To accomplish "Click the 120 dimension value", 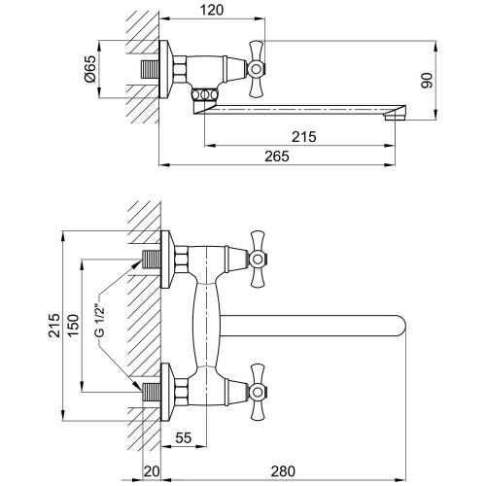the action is (212, 10).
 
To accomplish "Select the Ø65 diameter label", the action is (90, 69).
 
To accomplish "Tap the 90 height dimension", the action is (427, 81).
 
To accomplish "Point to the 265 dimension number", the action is (277, 156).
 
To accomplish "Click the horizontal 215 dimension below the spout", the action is (303, 137).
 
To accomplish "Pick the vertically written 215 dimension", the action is (54, 326).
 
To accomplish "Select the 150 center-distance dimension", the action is (74, 326).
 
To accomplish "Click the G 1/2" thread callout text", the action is (101, 321).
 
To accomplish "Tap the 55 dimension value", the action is (184, 438).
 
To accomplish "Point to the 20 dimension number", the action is (152, 471).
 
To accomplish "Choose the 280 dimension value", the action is (283, 471).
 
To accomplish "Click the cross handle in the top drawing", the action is (256, 69).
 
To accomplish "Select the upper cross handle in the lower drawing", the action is (258, 259).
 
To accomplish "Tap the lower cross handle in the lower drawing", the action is (258, 392).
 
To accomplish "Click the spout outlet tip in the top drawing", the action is (396, 113).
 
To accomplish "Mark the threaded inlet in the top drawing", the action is (150, 69).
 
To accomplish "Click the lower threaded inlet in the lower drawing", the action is (152, 392).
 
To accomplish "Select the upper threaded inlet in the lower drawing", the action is (152, 260).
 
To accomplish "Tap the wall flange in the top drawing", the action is (166, 69).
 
